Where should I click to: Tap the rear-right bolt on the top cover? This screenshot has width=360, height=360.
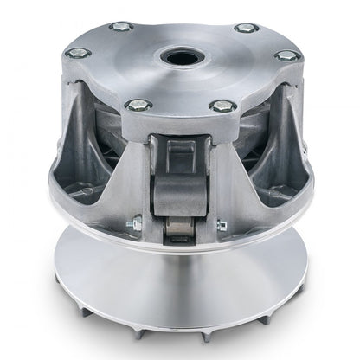tap(247, 29)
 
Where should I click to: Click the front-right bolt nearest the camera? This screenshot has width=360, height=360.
tap(222, 107)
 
